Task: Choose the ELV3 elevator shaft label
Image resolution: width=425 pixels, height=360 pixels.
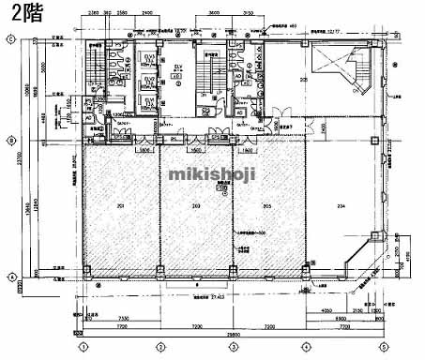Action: click(x=147, y=58)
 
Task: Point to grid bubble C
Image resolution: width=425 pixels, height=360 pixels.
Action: click(x=9, y=38)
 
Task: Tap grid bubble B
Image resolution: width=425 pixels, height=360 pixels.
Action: click(x=9, y=140)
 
